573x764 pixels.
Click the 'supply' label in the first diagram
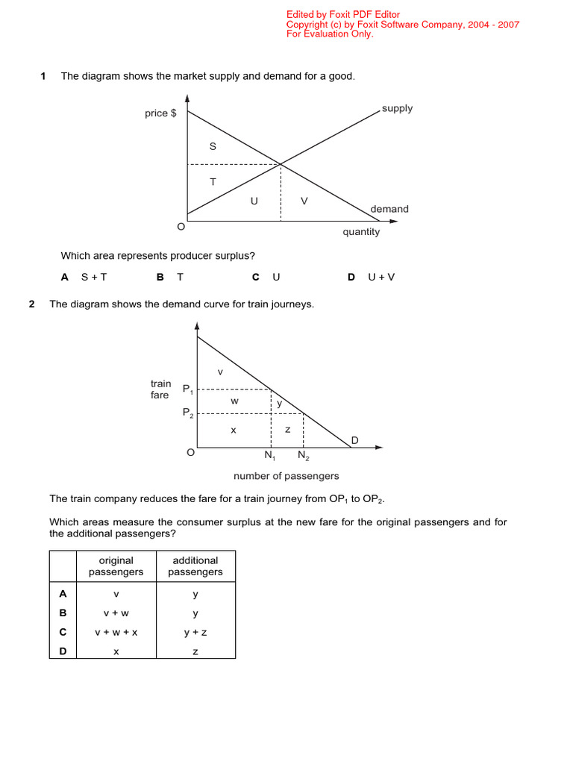tap(397, 108)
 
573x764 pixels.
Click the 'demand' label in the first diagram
tap(389, 209)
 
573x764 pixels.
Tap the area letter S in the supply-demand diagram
tap(213, 146)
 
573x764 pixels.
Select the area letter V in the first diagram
tap(304, 201)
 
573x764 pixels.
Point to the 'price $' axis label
tap(160, 113)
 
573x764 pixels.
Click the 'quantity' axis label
tap(361, 232)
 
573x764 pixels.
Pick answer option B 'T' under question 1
tap(170, 277)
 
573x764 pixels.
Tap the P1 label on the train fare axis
tap(187, 389)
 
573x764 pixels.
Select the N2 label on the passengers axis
tap(304, 455)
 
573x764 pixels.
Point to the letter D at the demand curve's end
tap(354, 441)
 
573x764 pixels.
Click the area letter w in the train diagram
tap(234, 401)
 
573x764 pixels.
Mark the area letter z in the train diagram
tap(288, 430)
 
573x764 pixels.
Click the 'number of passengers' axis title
tap(286, 476)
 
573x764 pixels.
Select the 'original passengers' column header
tap(116, 566)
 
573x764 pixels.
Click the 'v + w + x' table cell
tap(116, 632)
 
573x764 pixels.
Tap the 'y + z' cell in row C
tap(195, 632)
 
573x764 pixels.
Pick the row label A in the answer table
tap(63, 594)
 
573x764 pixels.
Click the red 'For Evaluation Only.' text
tap(330, 34)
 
